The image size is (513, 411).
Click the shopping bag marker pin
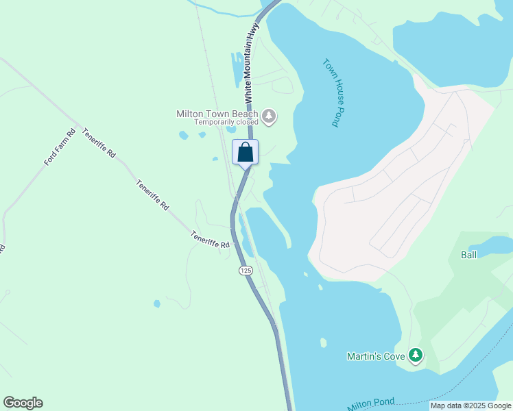(246, 153)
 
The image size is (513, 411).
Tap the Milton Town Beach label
(217, 114)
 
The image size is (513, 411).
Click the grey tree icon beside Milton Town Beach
(269, 116)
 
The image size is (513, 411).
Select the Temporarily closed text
(226, 123)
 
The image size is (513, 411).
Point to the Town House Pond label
(331, 92)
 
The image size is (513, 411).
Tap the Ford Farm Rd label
(60, 147)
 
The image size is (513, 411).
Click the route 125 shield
(246, 271)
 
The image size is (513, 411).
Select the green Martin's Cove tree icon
(415, 356)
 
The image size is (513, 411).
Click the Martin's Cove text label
(376, 356)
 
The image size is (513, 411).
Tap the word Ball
(468, 255)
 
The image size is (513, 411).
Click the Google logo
(23, 403)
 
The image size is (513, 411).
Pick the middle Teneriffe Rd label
(152, 195)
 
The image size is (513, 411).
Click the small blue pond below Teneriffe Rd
(157, 303)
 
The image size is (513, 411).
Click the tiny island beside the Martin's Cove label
(323, 342)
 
